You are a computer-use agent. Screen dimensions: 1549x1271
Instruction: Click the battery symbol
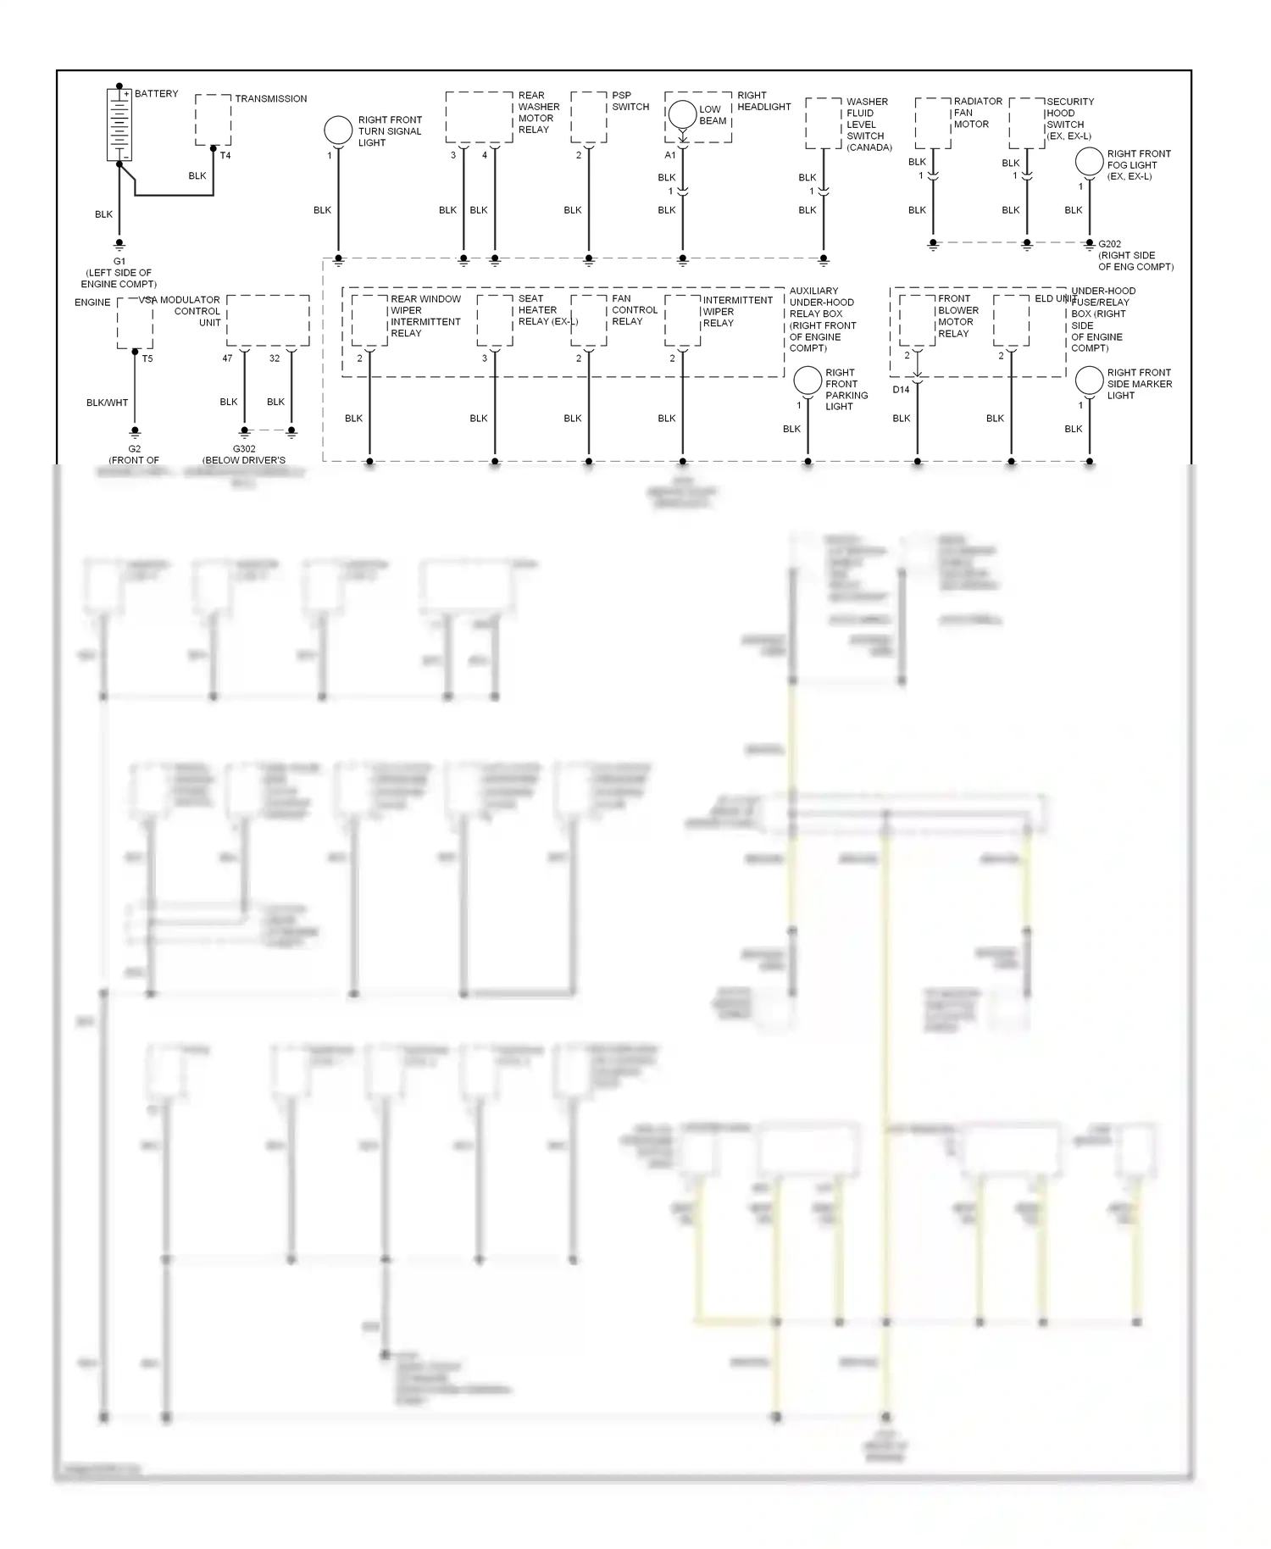pos(119,124)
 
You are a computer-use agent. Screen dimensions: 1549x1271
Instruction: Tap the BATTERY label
pos(156,93)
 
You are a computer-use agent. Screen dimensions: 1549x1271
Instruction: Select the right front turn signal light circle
pos(338,130)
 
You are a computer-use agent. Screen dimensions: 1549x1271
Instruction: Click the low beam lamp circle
pos(682,114)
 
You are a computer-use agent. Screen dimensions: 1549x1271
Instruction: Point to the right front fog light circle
pos(1089,162)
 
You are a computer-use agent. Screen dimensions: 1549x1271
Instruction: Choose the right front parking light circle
pos(808,380)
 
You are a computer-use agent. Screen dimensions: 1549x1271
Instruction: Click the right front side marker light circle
pos(1089,380)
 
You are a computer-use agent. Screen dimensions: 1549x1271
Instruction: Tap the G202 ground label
pos(1109,244)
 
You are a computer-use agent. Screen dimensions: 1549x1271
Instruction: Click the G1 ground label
pos(119,262)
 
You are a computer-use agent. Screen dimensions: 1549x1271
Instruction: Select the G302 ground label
pos(244,449)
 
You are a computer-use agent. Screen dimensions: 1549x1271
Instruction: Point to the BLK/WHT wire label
pos(107,403)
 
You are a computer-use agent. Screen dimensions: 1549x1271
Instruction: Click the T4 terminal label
pos(225,156)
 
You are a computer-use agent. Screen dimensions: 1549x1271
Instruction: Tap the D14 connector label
pos(901,390)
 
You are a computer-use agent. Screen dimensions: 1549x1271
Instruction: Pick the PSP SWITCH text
pos(630,101)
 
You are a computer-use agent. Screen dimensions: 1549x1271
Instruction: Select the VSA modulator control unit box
pos(268,320)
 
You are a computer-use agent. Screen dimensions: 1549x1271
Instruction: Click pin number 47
pos(227,358)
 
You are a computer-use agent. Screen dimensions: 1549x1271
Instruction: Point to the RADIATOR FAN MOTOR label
pos(977,113)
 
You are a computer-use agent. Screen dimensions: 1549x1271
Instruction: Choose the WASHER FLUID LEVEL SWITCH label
pos(868,125)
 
